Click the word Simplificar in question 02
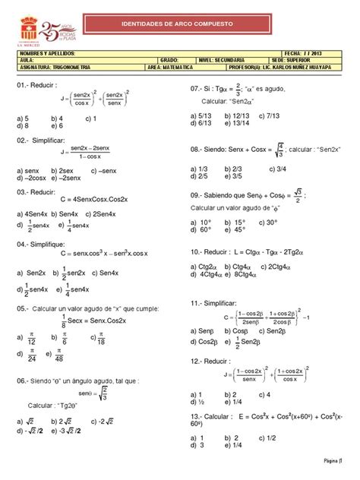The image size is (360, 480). (x=49, y=141)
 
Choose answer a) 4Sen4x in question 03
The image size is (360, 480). (x=31, y=215)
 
